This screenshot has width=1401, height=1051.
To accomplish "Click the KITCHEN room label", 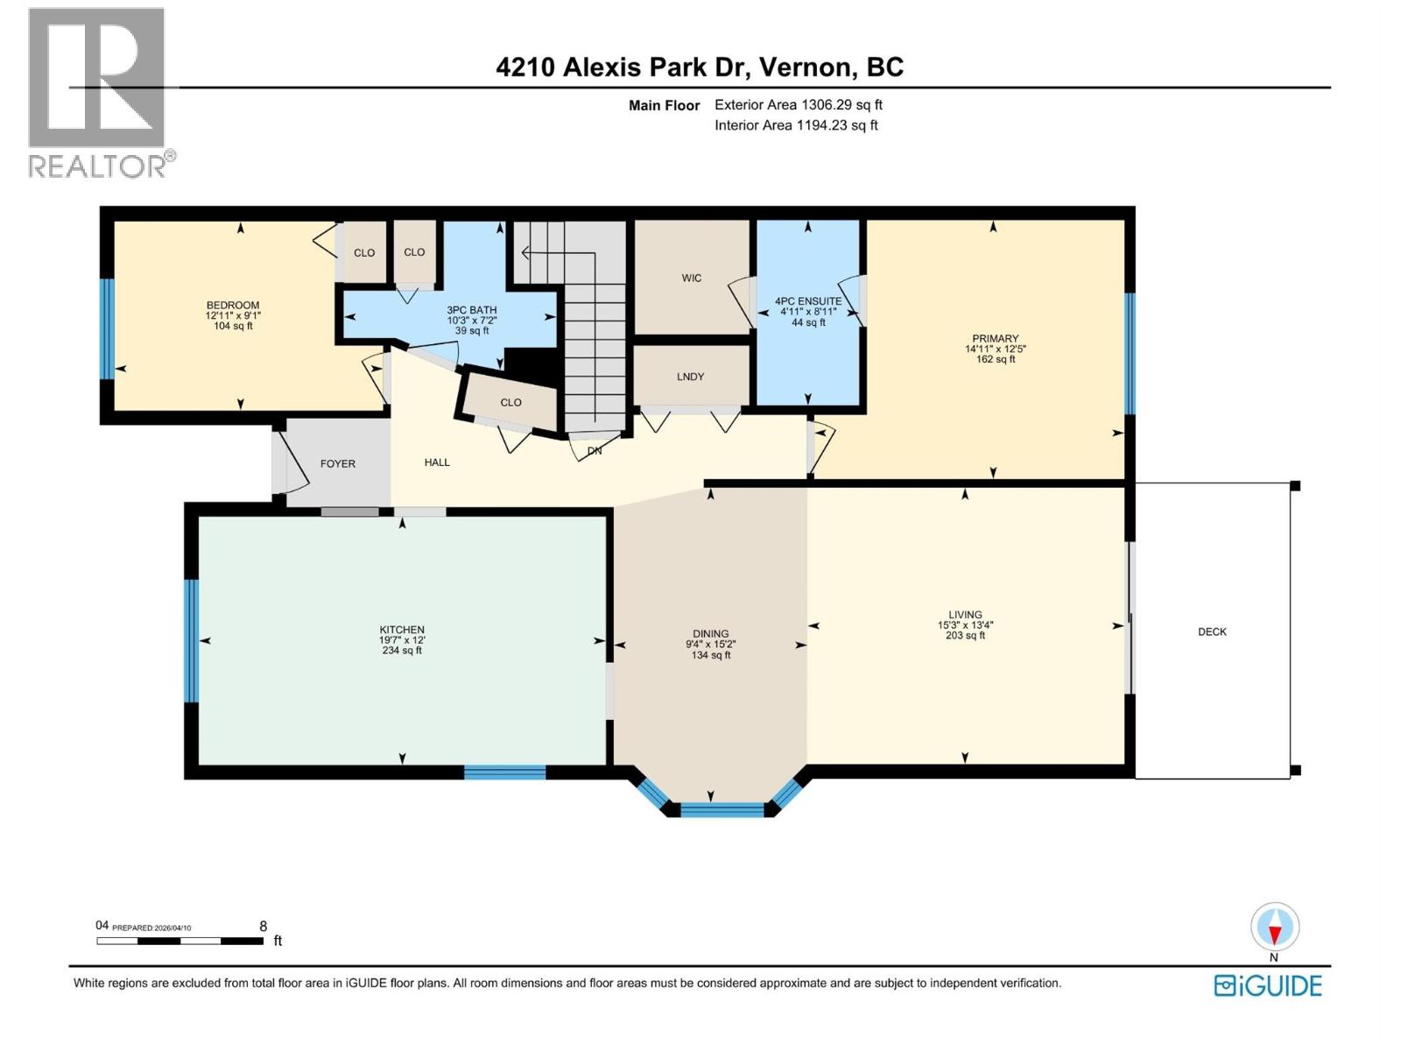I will (x=402, y=630).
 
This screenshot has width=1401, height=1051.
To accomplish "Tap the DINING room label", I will (x=710, y=633).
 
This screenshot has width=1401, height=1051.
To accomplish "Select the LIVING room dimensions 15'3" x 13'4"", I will (x=965, y=625).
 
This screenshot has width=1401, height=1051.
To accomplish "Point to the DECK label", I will (x=1212, y=631).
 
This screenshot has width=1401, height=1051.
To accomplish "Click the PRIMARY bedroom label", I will (x=995, y=339).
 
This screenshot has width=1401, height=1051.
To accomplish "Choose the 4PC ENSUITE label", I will (x=808, y=301).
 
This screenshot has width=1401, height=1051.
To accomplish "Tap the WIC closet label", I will (x=692, y=279).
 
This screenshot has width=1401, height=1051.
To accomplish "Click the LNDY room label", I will (x=690, y=377).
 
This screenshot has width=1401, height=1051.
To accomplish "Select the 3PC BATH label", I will (x=472, y=310).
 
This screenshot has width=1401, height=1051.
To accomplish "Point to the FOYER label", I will (x=338, y=464).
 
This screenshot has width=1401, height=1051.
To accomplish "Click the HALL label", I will (x=437, y=462).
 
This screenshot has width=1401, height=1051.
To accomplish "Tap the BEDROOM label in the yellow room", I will (x=233, y=306).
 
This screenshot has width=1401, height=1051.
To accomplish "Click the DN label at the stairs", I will (x=595, y=451).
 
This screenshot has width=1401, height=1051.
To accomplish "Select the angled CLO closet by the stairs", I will (x=510, y=403).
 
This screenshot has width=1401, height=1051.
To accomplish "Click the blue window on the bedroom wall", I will (x=107, y=328).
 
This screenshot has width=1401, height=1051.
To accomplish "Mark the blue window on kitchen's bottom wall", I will (x=504, y=772).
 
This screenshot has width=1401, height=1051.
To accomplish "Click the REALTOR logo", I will (x=98, y=92).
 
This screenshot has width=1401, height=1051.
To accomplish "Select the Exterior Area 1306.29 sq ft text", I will (x=798, y=105).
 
